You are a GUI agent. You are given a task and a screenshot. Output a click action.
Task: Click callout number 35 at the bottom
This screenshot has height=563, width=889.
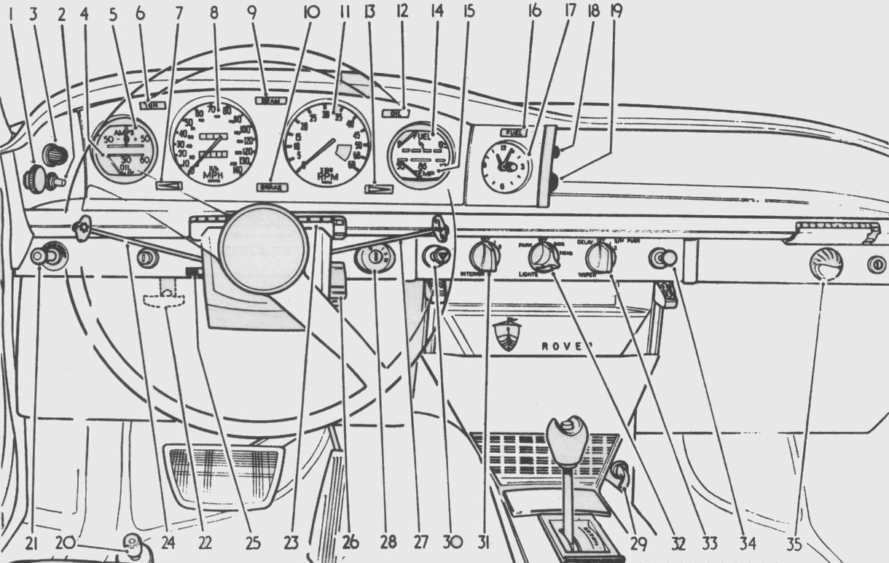click(x=801, y=543)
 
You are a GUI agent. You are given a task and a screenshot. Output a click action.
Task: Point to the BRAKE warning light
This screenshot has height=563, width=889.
click(x=274, y=187)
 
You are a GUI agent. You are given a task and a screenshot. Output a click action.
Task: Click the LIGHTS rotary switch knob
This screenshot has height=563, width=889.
click(x=541, y=257)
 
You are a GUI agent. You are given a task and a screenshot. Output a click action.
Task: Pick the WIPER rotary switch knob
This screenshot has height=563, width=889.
click(x=600, y=257)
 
